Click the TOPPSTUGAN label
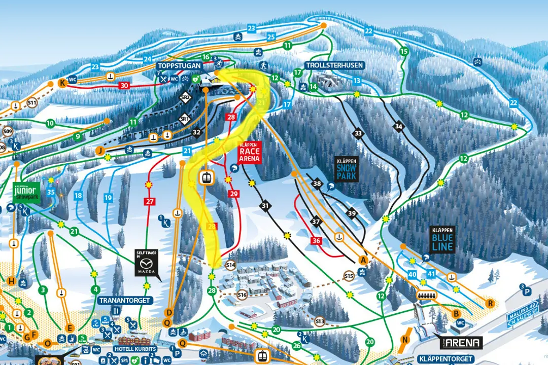click(179, 66)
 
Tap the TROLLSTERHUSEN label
click(327, 66)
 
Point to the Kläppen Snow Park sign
click(347, 170)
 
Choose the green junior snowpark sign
click(26, 192)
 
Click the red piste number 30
click(124, 86)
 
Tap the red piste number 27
click(150, 202)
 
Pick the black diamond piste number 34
click(399, 126)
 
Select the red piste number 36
click(316, 241)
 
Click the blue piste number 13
click(357, 81)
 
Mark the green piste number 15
click(404, 52)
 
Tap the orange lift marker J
click(100, 151)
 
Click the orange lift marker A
click(363, 260)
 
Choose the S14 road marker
click(231, 265)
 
